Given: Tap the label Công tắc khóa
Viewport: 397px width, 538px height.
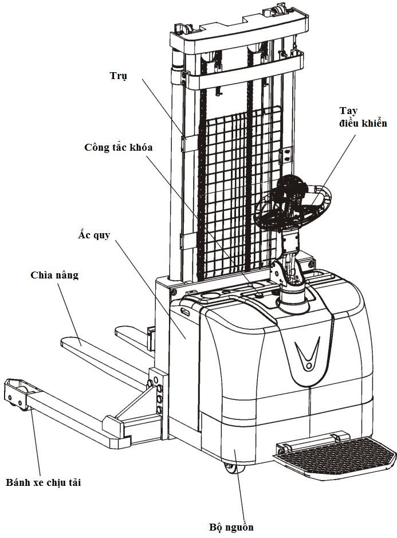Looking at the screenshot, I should point(119,147).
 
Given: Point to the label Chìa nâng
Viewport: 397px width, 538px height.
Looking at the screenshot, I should point(54,275).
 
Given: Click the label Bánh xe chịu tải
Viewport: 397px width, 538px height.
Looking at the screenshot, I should point(44,483).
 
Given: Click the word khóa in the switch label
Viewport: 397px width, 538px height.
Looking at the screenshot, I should point(140,147).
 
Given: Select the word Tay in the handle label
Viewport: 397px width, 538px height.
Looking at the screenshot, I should point(348,111).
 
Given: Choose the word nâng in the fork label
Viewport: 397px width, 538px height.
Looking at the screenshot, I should point(66,275).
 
